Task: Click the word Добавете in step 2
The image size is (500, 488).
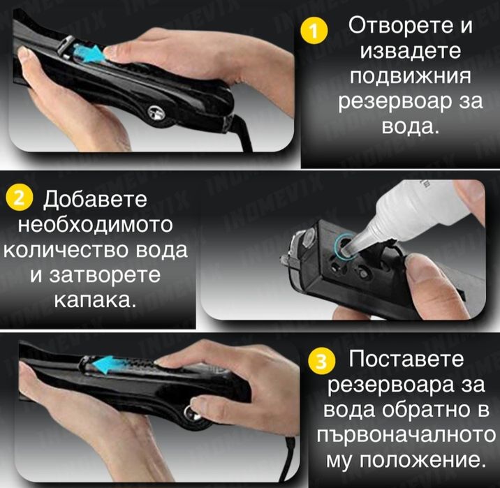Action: [x=96, y=200]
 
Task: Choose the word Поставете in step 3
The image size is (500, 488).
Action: [x=406, y=360]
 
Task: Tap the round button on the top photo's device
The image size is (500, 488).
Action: [x=154, y=110]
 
